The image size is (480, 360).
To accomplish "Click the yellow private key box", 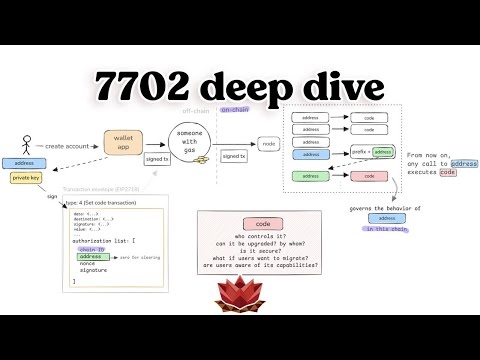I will pos(25,177).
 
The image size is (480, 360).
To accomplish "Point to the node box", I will pos(269,144).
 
